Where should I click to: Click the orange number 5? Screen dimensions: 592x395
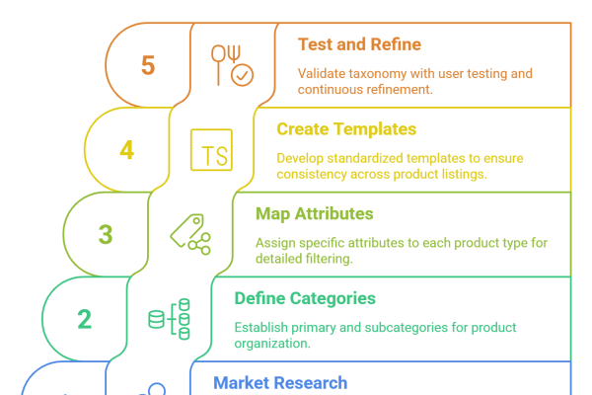coord(148,65)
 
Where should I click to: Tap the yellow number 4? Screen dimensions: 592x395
coord(127,150)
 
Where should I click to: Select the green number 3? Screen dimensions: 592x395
coord(106,234)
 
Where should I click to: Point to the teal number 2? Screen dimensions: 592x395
coord(85,319)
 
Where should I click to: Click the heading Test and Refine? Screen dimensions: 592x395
coord(359,44)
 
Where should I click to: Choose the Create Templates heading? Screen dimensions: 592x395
coord(346,129)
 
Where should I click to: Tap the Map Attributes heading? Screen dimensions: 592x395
coord(315,213)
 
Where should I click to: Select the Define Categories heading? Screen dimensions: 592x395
coord(305,298)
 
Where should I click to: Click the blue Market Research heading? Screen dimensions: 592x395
coord(280,383)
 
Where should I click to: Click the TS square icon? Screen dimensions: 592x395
coord(211,150)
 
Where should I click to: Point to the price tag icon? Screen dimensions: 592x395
coord(190,234)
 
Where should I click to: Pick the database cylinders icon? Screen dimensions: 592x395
coord(169,319)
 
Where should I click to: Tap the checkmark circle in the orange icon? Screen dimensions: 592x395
coord(242,75)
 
